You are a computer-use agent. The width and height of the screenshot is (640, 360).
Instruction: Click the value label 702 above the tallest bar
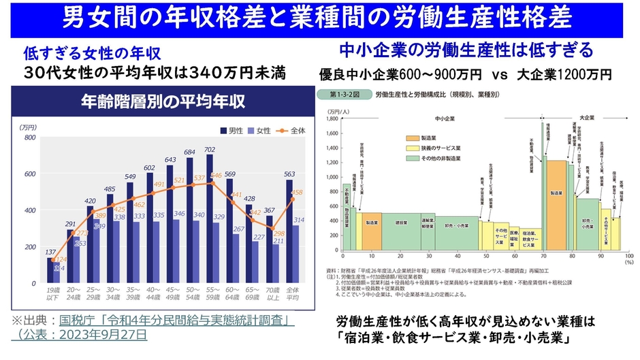tap(210, 150)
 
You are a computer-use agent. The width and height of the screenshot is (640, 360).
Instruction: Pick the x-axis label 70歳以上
tap(271, 292)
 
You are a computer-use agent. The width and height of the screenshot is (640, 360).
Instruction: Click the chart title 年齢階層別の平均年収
tap(163, 101)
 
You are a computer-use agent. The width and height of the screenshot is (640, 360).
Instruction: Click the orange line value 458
tap(297, 193)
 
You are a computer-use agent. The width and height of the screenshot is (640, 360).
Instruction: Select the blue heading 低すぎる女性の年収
tap(92, 52)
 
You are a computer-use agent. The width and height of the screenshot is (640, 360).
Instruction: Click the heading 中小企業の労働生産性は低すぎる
tap(466, 50)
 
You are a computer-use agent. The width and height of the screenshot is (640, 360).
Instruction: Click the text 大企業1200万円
tap(564, 73)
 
